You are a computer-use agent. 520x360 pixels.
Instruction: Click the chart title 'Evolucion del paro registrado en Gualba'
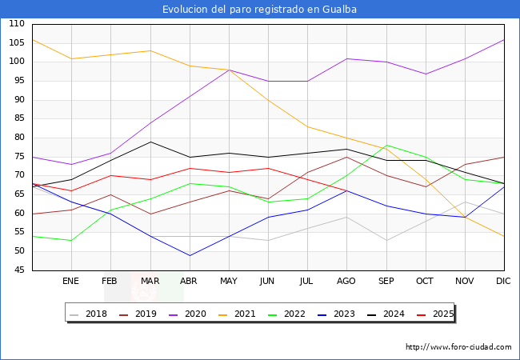pyautogui.click(x=259, y=10)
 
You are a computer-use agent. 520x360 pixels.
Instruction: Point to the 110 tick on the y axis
pyautogui.click(x=16, y=24)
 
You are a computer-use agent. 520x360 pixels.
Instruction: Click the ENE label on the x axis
pyautogui.click(x=71, y=282)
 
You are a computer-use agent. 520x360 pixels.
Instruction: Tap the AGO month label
pyautogui.click(x=346, y=282)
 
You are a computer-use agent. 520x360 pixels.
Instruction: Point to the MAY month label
pyautogui.click(x=229, y=282)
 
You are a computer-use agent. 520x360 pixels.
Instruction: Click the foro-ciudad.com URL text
pyautogui.click(x=458, y=347)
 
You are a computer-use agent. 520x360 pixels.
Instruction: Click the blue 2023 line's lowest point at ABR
pyautogui.click(x=190, y=255)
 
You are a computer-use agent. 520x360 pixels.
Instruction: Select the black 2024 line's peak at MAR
pyautogui.click(x=150, y=142)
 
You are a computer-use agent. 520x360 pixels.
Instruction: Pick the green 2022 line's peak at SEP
pyautogui.click(x=386, y=146)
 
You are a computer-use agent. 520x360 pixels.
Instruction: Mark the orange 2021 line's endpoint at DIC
pyautogui.click(x=504, y=236)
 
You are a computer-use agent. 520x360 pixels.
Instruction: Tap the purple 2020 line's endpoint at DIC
pyautogui.click(x=504, y=39)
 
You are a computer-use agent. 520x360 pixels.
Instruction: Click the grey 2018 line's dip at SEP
pyautogui.click(x=386, y=240)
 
